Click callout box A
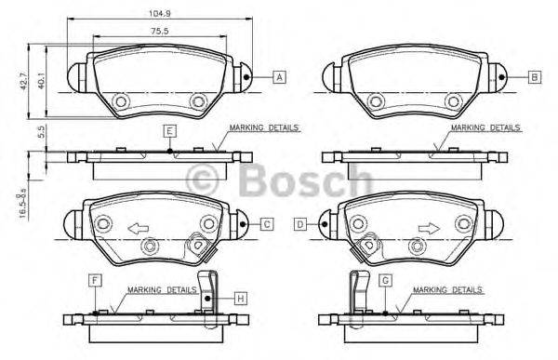tap(278, 77)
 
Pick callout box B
tap(534, 77)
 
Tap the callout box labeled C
tap(265, 223)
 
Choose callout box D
tap(300, 223)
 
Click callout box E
tap(169, 130)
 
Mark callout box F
tap(95, 279)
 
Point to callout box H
tap(239, 298)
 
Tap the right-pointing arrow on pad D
tap(428, 226)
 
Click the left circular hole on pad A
tap(119, 101)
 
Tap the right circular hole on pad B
tap(451, 101)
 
